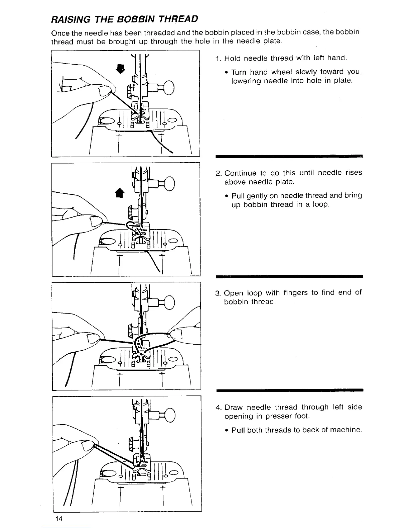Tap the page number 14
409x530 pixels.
59,519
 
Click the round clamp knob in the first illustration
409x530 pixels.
169,88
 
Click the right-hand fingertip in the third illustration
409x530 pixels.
176,334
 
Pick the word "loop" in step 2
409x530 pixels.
322,204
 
